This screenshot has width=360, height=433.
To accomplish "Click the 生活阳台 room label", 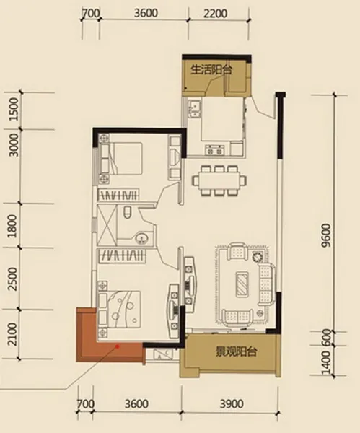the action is click(211, 70).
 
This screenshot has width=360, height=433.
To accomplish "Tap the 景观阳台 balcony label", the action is click(237, 352).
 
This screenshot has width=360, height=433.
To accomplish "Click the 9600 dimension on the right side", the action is click(326, 236).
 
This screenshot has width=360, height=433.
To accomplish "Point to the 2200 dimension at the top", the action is click(215, 13).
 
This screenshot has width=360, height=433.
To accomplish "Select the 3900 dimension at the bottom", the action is click(232, 404).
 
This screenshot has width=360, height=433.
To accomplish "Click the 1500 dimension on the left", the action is click(14, 110).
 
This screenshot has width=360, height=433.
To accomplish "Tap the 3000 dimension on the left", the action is click(14, 145).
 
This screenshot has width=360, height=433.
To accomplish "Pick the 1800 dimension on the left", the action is click(13, 226).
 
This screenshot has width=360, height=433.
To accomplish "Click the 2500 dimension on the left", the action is click(13, 279).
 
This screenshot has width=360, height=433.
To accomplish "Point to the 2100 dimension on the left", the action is click(13, 334).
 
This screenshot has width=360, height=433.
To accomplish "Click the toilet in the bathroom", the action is click(127, 212).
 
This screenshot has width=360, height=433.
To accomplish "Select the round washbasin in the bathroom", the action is click(142, 237).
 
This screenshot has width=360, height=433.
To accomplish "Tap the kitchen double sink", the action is click(195, 109).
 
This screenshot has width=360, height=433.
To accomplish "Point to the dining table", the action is click(220, 180).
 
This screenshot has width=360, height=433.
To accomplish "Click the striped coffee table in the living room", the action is click(242, 284).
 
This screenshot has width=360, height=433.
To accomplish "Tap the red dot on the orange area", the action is click(118, 346).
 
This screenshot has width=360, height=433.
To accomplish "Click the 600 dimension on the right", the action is click(327, 336).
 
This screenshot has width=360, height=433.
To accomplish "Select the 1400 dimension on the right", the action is click(326, 362).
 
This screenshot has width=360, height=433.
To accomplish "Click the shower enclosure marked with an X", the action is click(107, 225).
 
